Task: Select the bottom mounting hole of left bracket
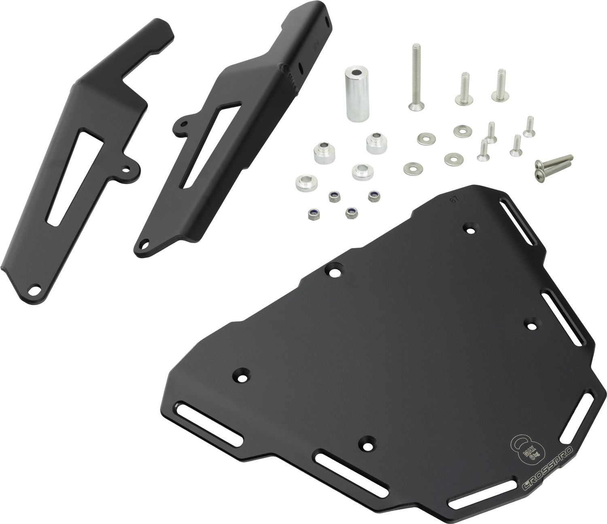coord(35,290)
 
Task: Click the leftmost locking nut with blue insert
coord(312,214)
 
